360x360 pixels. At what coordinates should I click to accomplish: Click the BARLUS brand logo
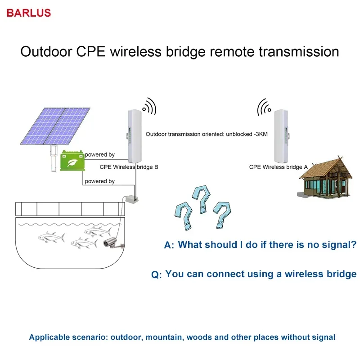click(x=29, y=13)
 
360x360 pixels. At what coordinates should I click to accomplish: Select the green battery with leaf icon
click(x=72, y=160)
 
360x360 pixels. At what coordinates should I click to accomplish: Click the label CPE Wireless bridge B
click(x=129, y=167)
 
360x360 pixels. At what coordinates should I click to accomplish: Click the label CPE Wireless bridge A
click(x=279, y=167)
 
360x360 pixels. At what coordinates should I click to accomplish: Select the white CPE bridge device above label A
click(x=281, y=135)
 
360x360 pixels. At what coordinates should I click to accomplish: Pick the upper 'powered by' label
click(x=99, y=154)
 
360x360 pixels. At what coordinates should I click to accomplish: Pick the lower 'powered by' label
click(x=99, y=181)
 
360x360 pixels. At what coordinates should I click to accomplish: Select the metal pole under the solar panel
click(x=54, y=157)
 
